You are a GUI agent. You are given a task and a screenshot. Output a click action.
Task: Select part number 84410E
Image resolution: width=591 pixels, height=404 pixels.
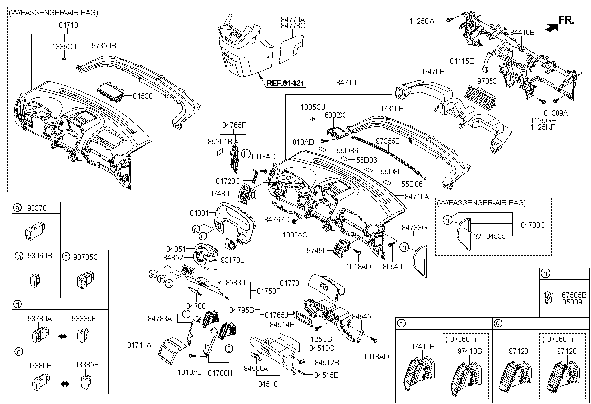pos(522,32)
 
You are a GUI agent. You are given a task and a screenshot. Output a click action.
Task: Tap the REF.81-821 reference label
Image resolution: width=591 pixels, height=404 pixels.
pos(286,84)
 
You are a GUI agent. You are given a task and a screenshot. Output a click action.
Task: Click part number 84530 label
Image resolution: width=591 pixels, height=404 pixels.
pos(142,96)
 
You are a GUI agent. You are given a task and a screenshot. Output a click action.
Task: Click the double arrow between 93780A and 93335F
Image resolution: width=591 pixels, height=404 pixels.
pos(63,336)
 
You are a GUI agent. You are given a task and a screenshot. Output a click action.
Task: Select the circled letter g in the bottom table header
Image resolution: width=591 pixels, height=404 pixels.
pos(499,324)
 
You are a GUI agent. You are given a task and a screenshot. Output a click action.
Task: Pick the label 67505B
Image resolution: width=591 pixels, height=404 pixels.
pos(574,295)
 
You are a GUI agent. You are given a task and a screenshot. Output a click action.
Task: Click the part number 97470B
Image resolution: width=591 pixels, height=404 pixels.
pos(432,71)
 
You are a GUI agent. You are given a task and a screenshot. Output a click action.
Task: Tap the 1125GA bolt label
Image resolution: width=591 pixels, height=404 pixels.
pos(422,21)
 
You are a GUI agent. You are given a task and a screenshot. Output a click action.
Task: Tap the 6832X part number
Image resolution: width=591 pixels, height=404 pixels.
pos(335,115)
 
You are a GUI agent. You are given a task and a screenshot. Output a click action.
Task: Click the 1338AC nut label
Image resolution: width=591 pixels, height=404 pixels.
pos(295,235)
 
